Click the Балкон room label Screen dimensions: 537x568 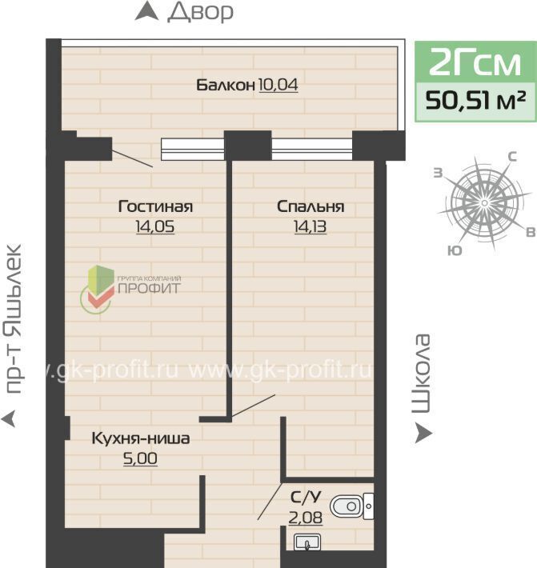coord(226,85)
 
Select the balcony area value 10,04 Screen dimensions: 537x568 coord(279,85)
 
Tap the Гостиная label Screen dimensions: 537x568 coord(155,206)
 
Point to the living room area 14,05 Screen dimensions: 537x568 coord(155,226)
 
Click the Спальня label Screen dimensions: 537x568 coord(311,206)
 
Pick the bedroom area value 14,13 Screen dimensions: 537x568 coord(311,226)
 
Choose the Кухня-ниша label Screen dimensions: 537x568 coord(141,438)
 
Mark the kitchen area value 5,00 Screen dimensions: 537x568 coord(140,458)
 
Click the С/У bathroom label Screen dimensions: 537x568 coord(306,498)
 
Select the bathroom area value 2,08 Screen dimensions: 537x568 coord(306,518)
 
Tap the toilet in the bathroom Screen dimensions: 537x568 coord(352,506)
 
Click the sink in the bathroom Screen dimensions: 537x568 coord(307,542)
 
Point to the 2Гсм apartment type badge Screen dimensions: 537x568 coord(475,62)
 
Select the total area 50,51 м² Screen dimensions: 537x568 coord(475,101)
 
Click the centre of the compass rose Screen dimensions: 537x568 coord(484,203)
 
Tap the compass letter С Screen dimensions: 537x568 coord(511,157)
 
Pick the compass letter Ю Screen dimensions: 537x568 coord(455,250)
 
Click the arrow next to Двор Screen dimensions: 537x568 coord(146,11)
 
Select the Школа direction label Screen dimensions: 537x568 coord(422,374)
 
